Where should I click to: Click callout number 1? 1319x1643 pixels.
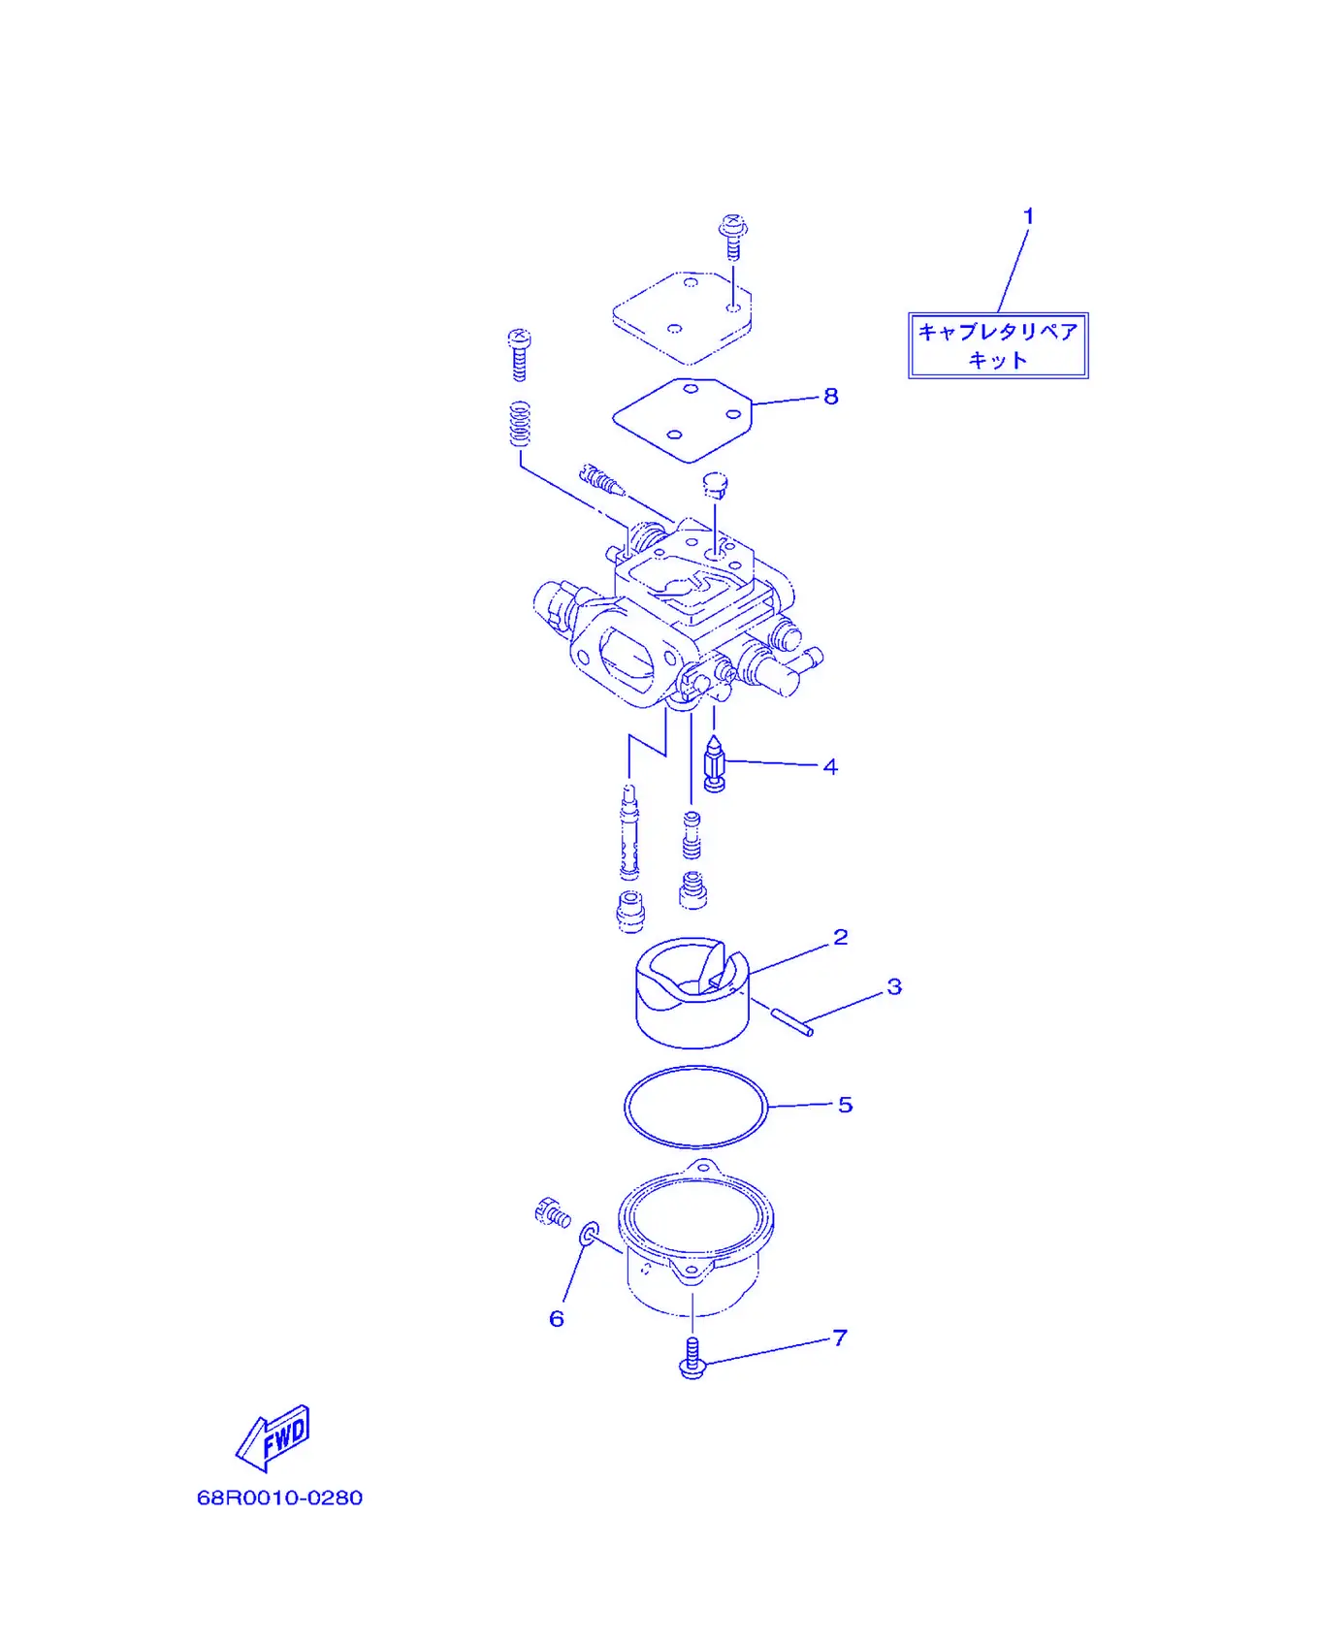point(1029,216)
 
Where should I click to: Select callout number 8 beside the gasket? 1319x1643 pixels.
point(831,396)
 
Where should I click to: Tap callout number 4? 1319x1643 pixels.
point(830,766)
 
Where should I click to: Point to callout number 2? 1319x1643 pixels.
point(841,937)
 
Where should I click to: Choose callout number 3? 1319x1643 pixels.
point(894,986)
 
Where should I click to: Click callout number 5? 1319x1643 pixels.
point(845,1105)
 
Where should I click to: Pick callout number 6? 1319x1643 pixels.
point(557,1318)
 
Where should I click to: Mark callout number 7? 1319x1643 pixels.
point(840,1337)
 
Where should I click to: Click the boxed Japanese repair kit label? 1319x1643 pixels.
point(998,345)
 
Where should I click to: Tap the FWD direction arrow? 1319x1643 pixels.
point(273,1437)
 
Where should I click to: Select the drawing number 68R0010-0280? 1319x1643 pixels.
point(280,1498)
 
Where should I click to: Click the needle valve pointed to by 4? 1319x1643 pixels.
point(715,764)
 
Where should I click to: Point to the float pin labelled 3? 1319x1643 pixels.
point(792,1022)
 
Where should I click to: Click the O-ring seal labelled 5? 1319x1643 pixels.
point(695,1067)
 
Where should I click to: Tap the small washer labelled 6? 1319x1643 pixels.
point(589,1235)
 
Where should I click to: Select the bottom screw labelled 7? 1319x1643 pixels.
point(692,1358)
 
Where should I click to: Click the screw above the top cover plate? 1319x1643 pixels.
point(733,236)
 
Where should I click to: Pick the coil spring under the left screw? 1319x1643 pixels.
point(521,424)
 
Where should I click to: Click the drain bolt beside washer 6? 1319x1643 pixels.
point(553,1212)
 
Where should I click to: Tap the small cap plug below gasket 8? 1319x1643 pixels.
point(716,484)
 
